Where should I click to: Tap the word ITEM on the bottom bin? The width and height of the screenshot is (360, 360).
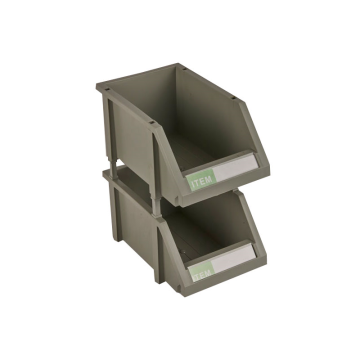[203, 270]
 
